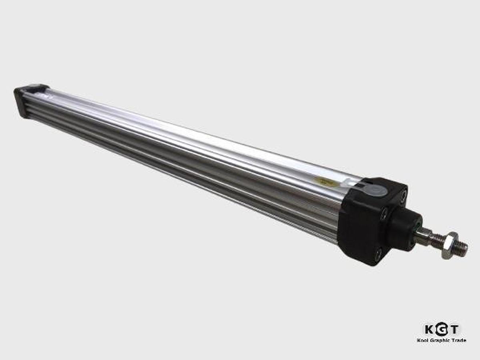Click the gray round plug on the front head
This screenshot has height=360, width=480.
tap(377, 190)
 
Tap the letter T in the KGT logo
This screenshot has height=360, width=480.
tap(454, 329)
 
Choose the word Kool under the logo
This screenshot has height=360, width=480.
tap(423, 340)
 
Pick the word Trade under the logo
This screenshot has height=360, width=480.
tap(459, 340)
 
